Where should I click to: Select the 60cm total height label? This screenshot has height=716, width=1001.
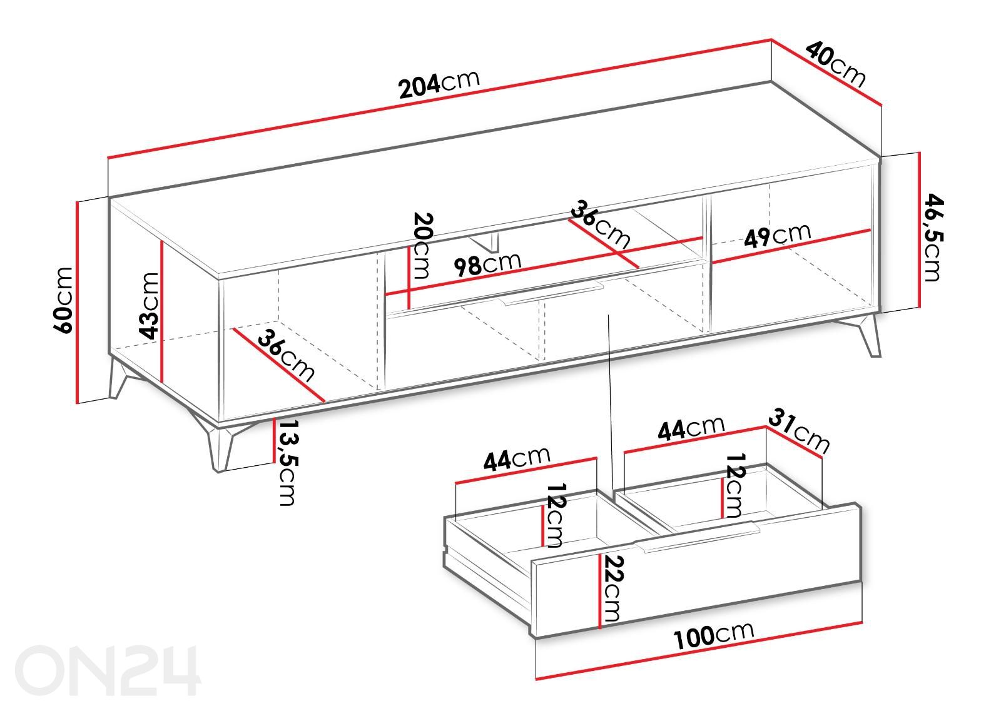click(63, 300)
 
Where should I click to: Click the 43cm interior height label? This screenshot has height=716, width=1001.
click(149, 306)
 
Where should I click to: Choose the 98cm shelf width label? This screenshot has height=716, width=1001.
click(487, 263)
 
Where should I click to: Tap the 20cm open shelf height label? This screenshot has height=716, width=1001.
click(422, 246)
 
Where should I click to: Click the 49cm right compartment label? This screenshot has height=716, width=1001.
click(777, 235)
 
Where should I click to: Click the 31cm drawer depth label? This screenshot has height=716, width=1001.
click(799, 431)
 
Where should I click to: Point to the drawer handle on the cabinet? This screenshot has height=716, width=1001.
click(553, 293)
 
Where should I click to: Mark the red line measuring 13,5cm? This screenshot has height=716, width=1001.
click(273, 440)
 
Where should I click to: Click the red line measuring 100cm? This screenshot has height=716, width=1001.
click(699, 651)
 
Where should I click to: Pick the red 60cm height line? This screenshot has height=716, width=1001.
click(78, 303)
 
